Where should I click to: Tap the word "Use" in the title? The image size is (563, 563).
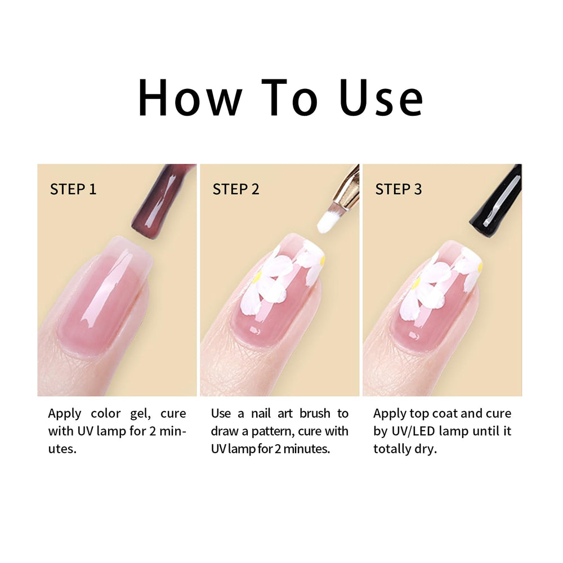click(x=381, y=97)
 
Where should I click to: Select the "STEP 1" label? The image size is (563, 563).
click(x=73, y=189)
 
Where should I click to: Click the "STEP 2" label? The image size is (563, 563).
click(x=236, y=189)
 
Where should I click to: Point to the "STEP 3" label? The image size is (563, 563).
click(x=399, y=189)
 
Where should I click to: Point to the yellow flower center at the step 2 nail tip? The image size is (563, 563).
click(x=323, y=260)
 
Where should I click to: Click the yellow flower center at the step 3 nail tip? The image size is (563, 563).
click(x=480, y=266)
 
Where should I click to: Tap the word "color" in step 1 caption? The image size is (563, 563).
click(x=106, y=413)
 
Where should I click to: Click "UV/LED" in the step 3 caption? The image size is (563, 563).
click(x=413, y=431)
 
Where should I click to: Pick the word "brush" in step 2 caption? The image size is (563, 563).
click(x=315, y=413)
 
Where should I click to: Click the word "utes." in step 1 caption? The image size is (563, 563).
click(x=62, y=449)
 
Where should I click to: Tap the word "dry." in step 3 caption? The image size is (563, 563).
click(x=426, y=449)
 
